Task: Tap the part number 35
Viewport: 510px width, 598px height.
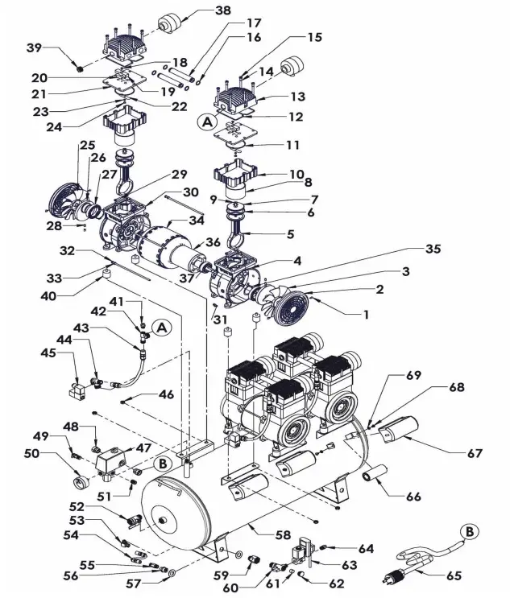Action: (433, 250)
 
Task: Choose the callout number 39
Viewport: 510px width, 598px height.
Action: (33, 47)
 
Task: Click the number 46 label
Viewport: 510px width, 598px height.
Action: (166, 394)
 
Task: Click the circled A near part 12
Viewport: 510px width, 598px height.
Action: (207, 122)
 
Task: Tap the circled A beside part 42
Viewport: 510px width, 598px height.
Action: (162, 328)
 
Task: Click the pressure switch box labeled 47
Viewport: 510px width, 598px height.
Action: (110, 461)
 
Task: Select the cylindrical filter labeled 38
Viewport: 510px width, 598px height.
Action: (170, 23)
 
